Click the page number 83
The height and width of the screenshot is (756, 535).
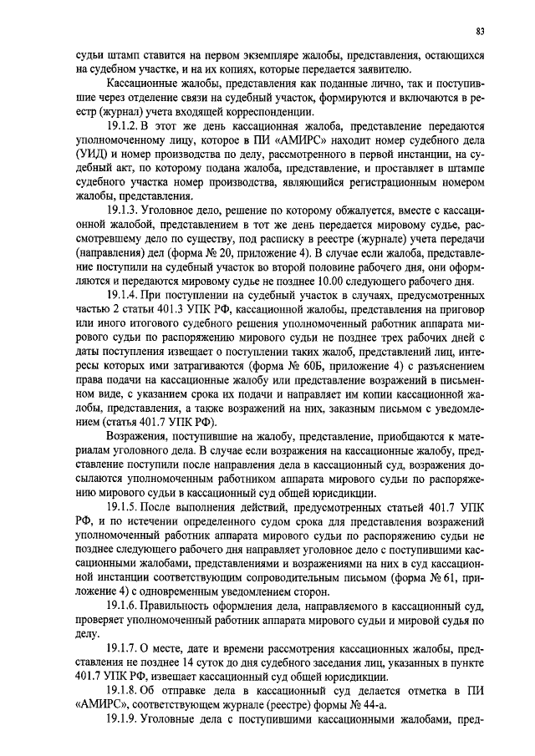coord(480,32)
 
